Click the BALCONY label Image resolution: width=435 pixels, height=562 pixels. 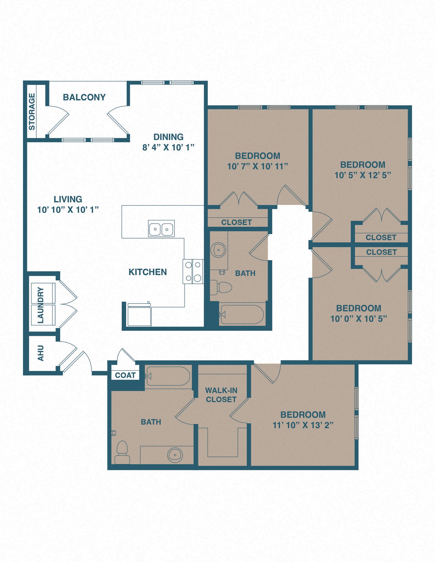coord(84,97)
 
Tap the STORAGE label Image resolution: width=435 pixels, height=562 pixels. coord(32,111)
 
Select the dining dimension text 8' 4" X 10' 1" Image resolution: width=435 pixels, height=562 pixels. coord(168,148)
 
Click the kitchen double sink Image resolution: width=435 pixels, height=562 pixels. coord(161,229)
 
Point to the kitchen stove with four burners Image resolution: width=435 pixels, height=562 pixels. coord(193,271)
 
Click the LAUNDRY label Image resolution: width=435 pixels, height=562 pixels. coord(40,305)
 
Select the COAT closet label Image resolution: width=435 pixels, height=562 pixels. coord(125,375)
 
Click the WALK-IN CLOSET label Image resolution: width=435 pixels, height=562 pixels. coord(221,395)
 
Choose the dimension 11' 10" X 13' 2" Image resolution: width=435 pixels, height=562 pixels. coord(303,425)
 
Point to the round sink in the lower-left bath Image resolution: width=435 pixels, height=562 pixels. coord(175,455)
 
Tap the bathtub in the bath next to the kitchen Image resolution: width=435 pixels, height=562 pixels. coord(242,314)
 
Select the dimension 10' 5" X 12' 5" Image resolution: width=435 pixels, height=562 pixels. coord(362,175)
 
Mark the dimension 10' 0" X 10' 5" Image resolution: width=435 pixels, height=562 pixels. coord(358,319)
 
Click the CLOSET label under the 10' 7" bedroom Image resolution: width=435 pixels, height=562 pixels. coord(236,222)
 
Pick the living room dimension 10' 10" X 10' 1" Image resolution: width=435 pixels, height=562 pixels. coord(68,210)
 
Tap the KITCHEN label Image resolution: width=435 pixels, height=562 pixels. coord(148,272)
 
